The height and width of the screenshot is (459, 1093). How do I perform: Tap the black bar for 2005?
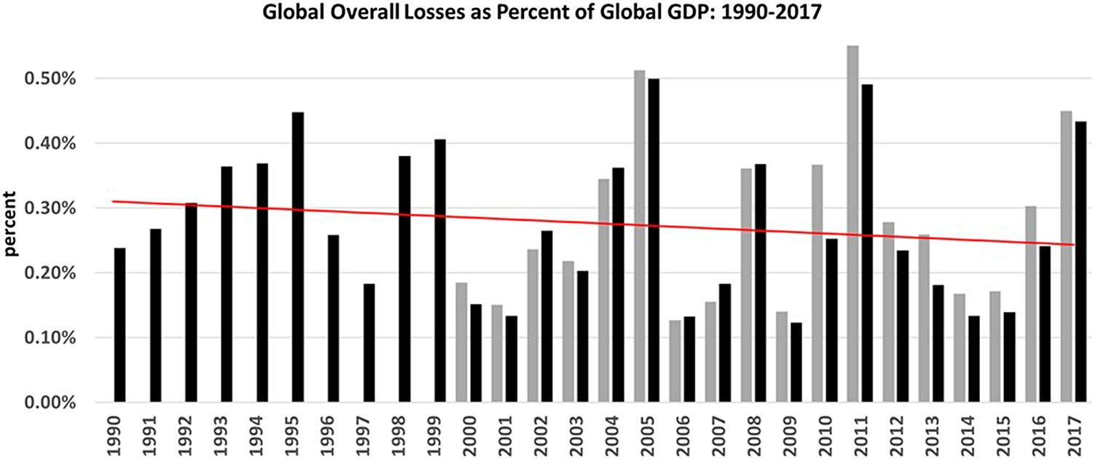click(654, 240)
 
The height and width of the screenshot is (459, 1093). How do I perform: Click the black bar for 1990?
click(120, 325)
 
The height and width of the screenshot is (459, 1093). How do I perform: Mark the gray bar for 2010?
click(817, 283)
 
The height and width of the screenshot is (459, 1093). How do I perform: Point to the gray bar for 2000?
click(461, 342)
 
